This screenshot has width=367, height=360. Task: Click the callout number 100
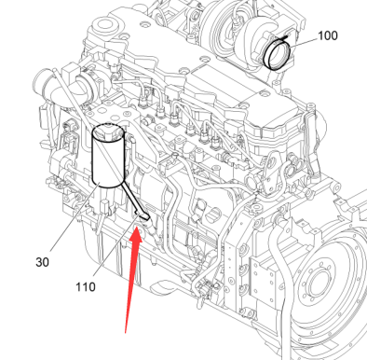pyautogui.click(x=328, y=35)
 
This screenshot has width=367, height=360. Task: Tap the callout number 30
pyautogui.click(x=42, y=262)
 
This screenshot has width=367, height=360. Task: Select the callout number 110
pyautogui.click(x=86, y=286)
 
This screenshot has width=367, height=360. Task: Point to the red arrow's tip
pyautogui.click(x=137, y=228)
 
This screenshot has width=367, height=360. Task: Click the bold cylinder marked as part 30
pyautogui.click(x=109, y=156)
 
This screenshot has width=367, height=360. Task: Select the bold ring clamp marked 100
pyautogui.click(x=277, y=53)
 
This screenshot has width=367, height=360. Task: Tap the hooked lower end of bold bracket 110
pyautogui.click(x=143, y=215)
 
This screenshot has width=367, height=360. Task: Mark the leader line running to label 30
pyautogui.click(x=75, y=217)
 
